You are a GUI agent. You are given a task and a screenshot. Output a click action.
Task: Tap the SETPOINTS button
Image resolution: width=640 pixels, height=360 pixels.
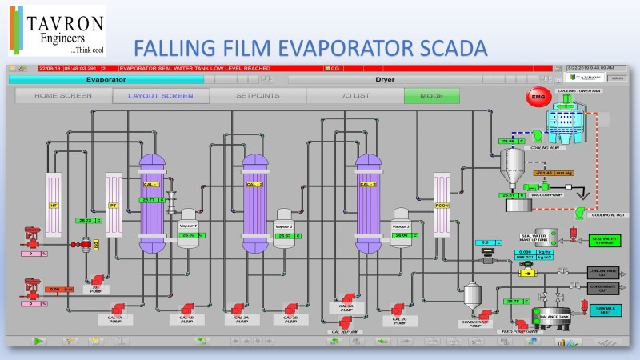click(x=258, y=96)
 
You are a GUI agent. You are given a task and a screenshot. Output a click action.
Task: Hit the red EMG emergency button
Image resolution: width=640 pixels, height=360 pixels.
click(x=534, y=98)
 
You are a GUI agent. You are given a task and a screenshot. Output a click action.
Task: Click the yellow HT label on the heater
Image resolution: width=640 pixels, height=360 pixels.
click(x=53, y=205)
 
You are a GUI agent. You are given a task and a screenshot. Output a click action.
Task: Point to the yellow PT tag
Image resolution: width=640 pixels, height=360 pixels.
click(x=113, y=205)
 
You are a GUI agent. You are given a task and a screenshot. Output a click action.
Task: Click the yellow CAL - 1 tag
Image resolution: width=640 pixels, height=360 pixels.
click(x=151, y=185)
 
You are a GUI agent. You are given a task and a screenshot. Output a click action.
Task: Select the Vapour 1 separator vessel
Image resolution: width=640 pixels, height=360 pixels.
click(x=189, y=230)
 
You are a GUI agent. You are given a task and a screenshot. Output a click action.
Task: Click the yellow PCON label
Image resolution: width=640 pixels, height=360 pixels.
click(x=442, y=205)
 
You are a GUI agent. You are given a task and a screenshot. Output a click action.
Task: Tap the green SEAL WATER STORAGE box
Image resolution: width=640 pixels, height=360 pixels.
click(x=604, y=239)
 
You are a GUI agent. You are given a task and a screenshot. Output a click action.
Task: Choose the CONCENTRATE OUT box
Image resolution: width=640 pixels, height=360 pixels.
click(x=604, y=272)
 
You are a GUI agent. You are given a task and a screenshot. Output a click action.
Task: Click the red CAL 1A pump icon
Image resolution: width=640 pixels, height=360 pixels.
click(x=118, y=308)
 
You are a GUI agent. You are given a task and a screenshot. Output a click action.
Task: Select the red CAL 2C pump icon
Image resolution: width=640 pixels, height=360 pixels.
click(x=399, y=307)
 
